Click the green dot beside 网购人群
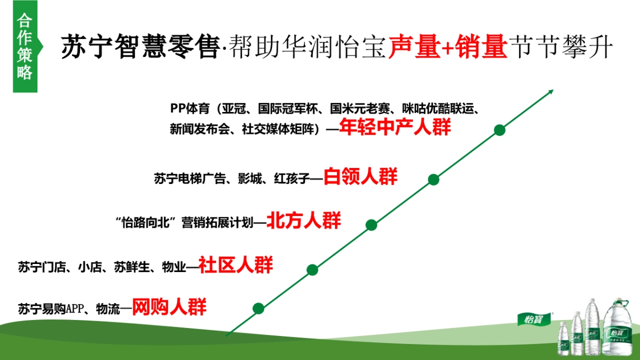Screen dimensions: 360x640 pyautogui.click(x=258, y=308)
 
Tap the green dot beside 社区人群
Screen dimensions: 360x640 pyautogui.click(x=313, y=270)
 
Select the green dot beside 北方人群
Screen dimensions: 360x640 pyautogui.click(x=371, y=225)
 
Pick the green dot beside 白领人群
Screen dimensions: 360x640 pyautogui.click(x=434, y=179)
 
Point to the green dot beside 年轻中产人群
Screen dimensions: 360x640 pyautogui.click(x=499, y=130)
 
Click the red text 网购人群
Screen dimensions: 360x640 pyautogui.click(x=169, y=307)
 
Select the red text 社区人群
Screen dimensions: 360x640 pyautogui.click(x=236, y=265)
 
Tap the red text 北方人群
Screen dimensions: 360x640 pyautogui.click(x=303, y=220)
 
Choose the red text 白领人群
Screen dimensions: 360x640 pyautogui.click(x=361, y=177)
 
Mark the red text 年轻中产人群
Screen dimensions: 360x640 pyautogui.click(x=395, y=128)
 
